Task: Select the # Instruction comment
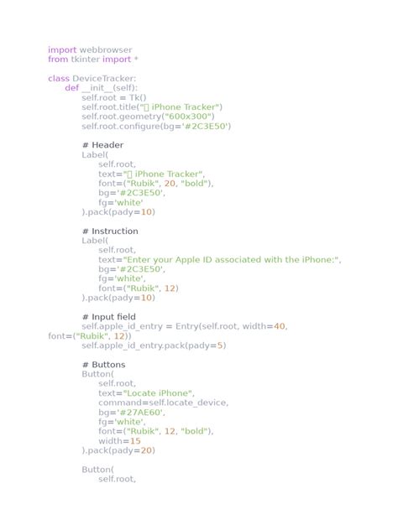tap(110, 231)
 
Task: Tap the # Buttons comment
tap(103, 365)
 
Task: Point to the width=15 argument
tap(119, 440)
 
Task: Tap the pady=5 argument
tap(207, 345)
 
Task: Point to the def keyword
tap(71, 88)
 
